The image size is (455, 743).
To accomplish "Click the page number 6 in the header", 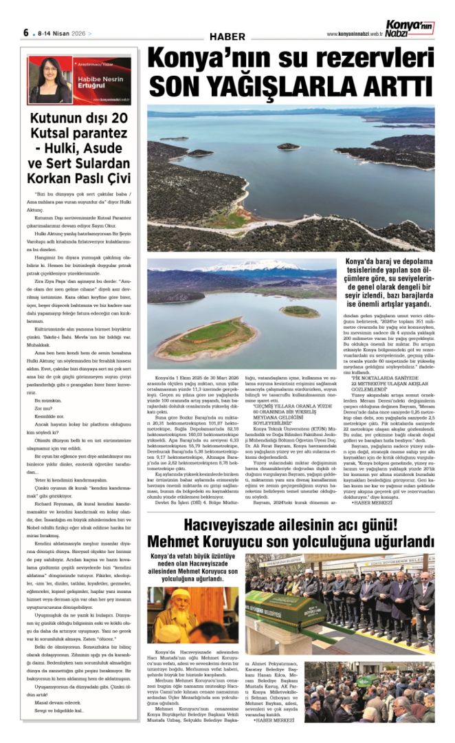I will pos(26,32).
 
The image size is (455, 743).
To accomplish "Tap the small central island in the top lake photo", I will pos(289,147).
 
